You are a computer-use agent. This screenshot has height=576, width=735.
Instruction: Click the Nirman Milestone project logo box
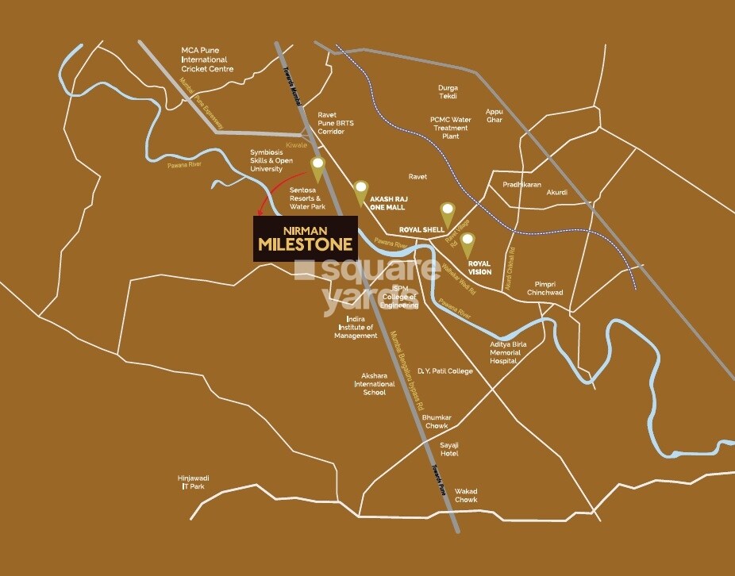click(305, 237)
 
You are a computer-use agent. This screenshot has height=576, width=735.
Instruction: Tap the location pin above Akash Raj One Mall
click(361, 190)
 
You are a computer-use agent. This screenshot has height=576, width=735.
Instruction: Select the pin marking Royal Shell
click(448, 211)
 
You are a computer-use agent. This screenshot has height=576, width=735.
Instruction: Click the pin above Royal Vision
click(468, 241)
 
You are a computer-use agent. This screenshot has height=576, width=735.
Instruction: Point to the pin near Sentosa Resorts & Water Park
click(318, 167)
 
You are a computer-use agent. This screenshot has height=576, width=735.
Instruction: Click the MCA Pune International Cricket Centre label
click(206, 60)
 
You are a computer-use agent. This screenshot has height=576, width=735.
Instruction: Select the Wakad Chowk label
click(467, 495)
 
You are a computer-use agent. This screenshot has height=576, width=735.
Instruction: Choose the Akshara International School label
click(374, 383)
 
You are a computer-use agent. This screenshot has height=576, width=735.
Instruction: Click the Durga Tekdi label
click(448, 92)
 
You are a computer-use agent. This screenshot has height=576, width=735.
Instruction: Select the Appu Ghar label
click(494, 116)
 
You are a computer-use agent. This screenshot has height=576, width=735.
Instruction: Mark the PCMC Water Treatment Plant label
click(450, 128)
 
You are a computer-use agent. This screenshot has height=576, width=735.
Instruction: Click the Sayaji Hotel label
click(449, 449)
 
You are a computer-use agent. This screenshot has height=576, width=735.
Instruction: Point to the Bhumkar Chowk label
click(436, 421)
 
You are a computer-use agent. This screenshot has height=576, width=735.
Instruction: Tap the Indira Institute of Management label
click(356, 327)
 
